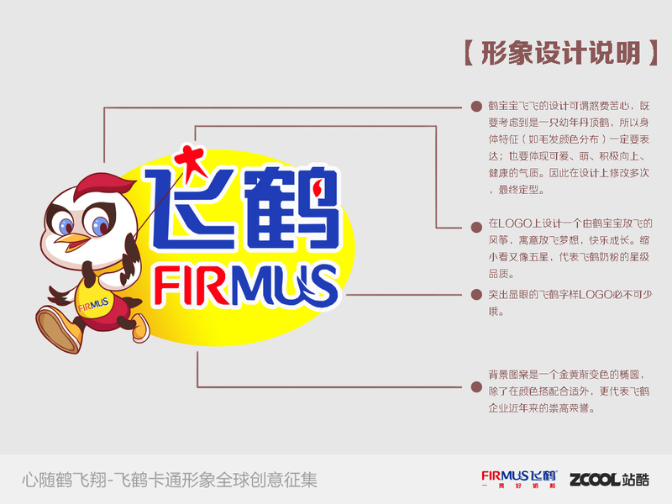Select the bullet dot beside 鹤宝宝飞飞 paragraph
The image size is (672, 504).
click(476, 107)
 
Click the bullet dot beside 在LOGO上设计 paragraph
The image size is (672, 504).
click(476, 225)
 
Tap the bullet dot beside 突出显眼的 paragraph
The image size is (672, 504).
click(476, 295)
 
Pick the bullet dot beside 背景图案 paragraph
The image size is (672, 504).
click(476, 387)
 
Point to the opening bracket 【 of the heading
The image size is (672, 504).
click(470, 53)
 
